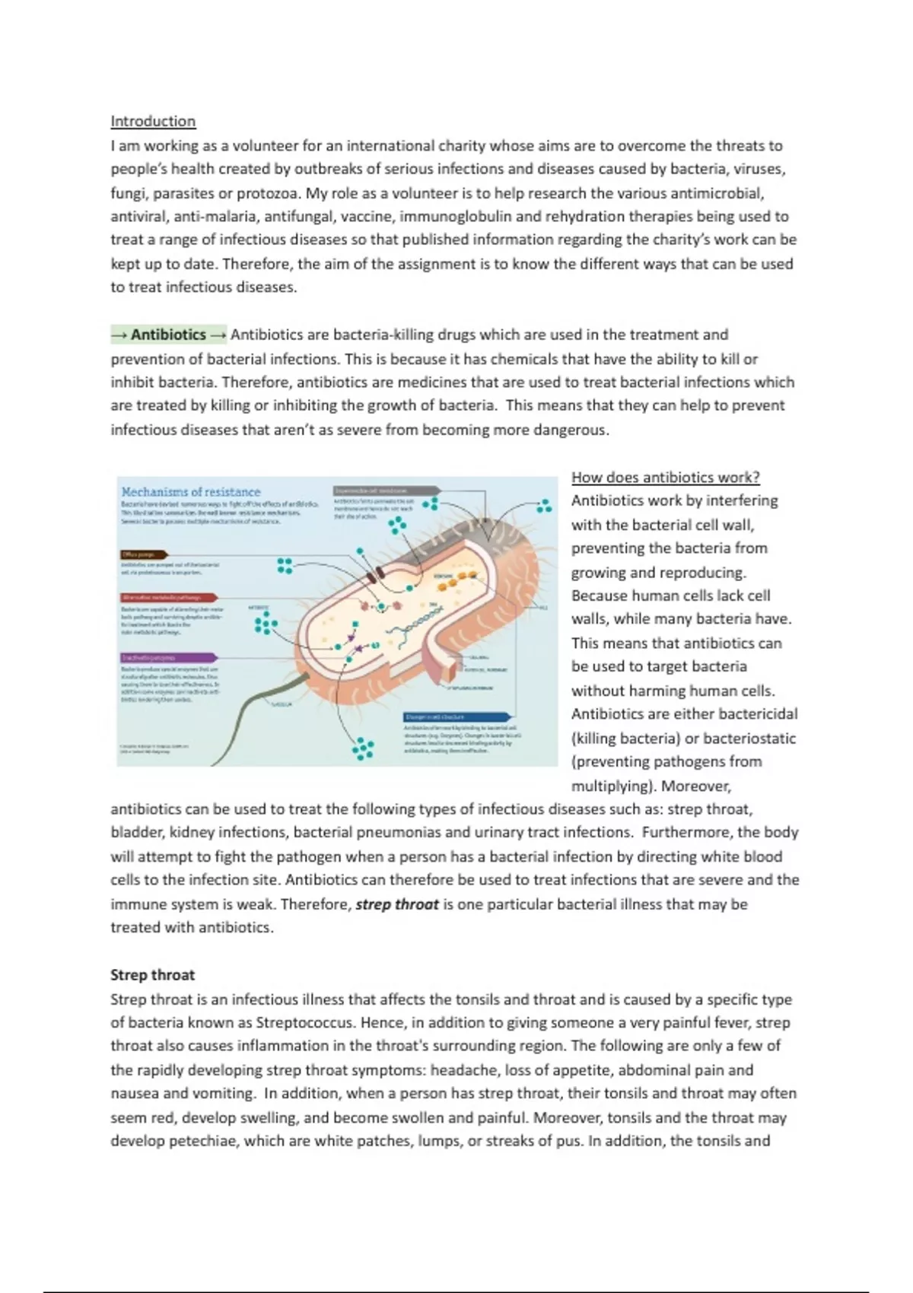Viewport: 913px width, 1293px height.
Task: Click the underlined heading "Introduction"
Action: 153,121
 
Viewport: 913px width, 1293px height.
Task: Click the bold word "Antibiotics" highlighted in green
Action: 168,335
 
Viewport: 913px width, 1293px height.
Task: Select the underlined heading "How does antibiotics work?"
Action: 665,478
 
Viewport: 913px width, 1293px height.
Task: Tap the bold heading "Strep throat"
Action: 152,975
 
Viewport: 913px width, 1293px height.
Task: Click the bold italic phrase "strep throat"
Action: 397,904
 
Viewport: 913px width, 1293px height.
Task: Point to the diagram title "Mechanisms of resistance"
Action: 191,492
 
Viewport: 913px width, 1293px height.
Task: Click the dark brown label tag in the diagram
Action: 144,555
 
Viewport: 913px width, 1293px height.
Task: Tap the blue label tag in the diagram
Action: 456,716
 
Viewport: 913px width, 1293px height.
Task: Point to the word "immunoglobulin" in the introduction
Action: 447,217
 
